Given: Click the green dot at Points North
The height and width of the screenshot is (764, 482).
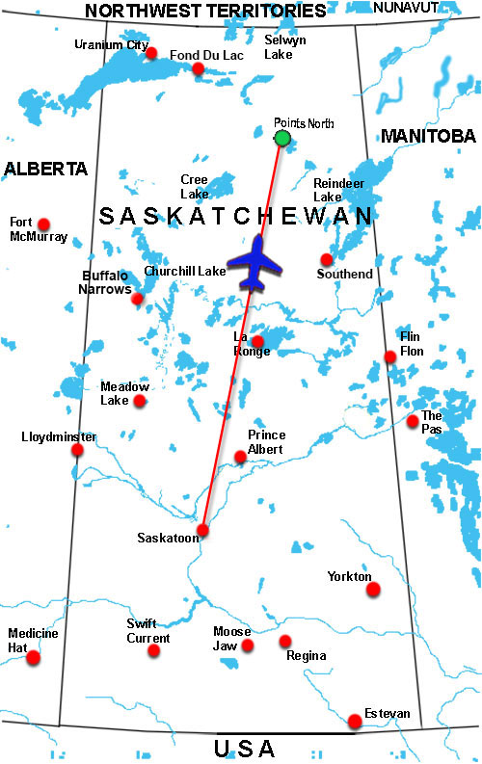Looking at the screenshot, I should coord(281,139).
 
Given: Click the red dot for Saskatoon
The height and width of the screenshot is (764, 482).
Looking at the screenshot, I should coord(202,530).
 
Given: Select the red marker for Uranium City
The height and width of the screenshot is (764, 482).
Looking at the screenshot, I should coord(151,53).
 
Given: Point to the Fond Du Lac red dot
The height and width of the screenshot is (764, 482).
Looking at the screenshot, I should coord(198,68).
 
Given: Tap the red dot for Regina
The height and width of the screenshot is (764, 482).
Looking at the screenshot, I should coord(285,641).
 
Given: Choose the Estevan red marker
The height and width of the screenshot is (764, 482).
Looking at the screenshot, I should coord(355,721).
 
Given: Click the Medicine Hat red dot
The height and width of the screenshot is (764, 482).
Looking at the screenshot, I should coord(34,658).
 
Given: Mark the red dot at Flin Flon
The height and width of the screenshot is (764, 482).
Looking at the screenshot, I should coord(390,356).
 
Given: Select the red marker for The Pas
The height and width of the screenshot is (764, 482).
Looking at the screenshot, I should coord(413,421).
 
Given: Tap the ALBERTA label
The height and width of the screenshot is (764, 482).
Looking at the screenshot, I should coord(45,169).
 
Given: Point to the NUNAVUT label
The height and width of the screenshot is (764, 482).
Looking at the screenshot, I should coord(405,7).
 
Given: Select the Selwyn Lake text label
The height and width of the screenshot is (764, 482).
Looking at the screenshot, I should coord(286,47).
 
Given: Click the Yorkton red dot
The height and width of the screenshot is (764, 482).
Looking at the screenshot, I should coord(373,589).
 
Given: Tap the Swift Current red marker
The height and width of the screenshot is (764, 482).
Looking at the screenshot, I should coord(154,650).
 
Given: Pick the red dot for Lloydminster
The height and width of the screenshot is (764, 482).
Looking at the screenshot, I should coord(77,450).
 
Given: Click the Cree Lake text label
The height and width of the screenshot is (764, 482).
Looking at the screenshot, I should coord(194,186).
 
